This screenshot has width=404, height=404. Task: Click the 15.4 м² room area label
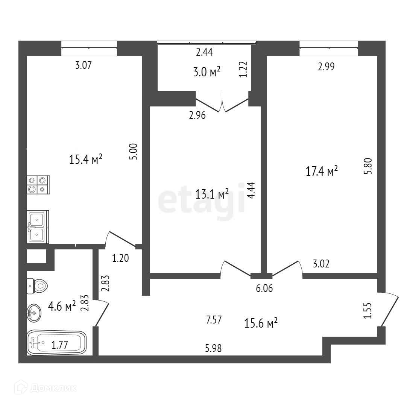86,160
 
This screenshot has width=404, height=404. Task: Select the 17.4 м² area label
321,172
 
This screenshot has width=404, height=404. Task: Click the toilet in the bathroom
37,287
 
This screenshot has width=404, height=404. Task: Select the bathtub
56,342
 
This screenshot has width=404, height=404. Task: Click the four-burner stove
38,185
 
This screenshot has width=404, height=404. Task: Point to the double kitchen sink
37,226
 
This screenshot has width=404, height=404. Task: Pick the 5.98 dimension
213,348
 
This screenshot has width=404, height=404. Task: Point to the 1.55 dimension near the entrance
368,311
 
